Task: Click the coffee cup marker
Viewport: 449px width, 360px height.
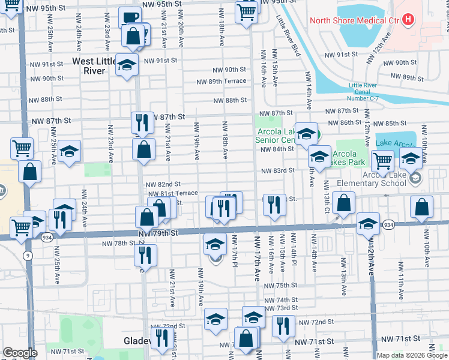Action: pos(130,18)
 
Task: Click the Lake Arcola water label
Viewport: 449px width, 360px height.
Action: pos(396,143)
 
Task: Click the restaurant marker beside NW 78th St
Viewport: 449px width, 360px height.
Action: pos(146,256)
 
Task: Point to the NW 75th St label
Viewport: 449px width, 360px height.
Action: pos(277,286)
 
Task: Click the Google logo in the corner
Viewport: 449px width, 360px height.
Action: pos(20,353)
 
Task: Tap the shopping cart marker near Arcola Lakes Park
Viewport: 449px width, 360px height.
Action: pos(382,160)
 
